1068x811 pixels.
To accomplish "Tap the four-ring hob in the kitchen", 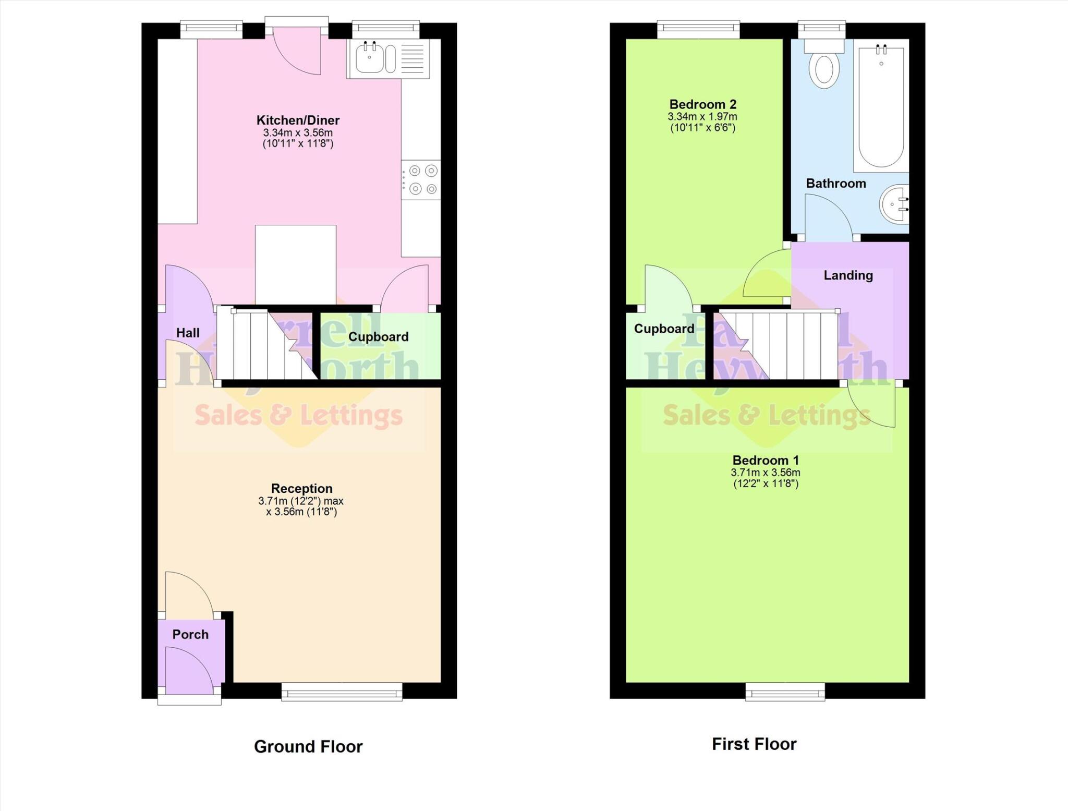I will pos(422,180).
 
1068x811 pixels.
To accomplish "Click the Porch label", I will pos(190,634).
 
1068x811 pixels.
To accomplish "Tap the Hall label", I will pos(188,333).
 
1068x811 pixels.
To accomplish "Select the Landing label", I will pos(848,275).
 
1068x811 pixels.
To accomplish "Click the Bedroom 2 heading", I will pos(702,104).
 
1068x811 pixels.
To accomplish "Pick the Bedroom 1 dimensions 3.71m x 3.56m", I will pos(765,473).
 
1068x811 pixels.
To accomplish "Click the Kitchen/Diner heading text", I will pos(298,120).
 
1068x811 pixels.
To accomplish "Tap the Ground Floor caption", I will pos(308,746).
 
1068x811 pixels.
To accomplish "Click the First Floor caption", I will pos(754,744).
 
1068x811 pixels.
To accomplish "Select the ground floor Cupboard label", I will pos(378,336).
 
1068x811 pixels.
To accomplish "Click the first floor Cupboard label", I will pos(664,329).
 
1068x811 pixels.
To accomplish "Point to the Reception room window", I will pos(342,692).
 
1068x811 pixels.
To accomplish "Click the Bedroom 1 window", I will pos(785,692).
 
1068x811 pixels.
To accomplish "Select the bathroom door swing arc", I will pos(829,216).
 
